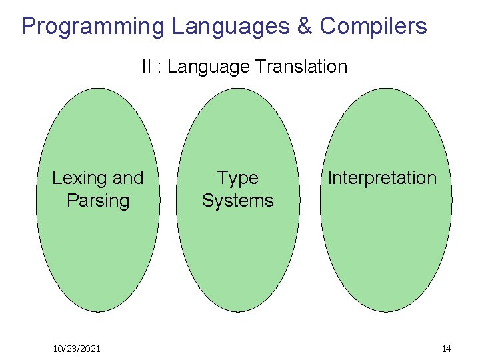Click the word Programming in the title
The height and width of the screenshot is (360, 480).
(93, 27)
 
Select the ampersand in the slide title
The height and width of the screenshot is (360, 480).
(304, 27)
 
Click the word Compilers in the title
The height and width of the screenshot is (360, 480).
(373, 27)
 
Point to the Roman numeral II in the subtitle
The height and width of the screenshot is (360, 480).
(147, 67)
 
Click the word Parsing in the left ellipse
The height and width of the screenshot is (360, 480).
(98, 201)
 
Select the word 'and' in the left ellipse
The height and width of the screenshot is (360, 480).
(128, 178)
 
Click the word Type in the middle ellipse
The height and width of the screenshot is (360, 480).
(237, 178)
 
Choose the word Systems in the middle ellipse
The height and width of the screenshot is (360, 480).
(237, 201)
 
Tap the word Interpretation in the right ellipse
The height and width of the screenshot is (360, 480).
(382, 178)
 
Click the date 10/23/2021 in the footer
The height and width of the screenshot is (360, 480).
(77, 349)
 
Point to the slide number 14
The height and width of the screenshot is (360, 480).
(446, 349)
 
